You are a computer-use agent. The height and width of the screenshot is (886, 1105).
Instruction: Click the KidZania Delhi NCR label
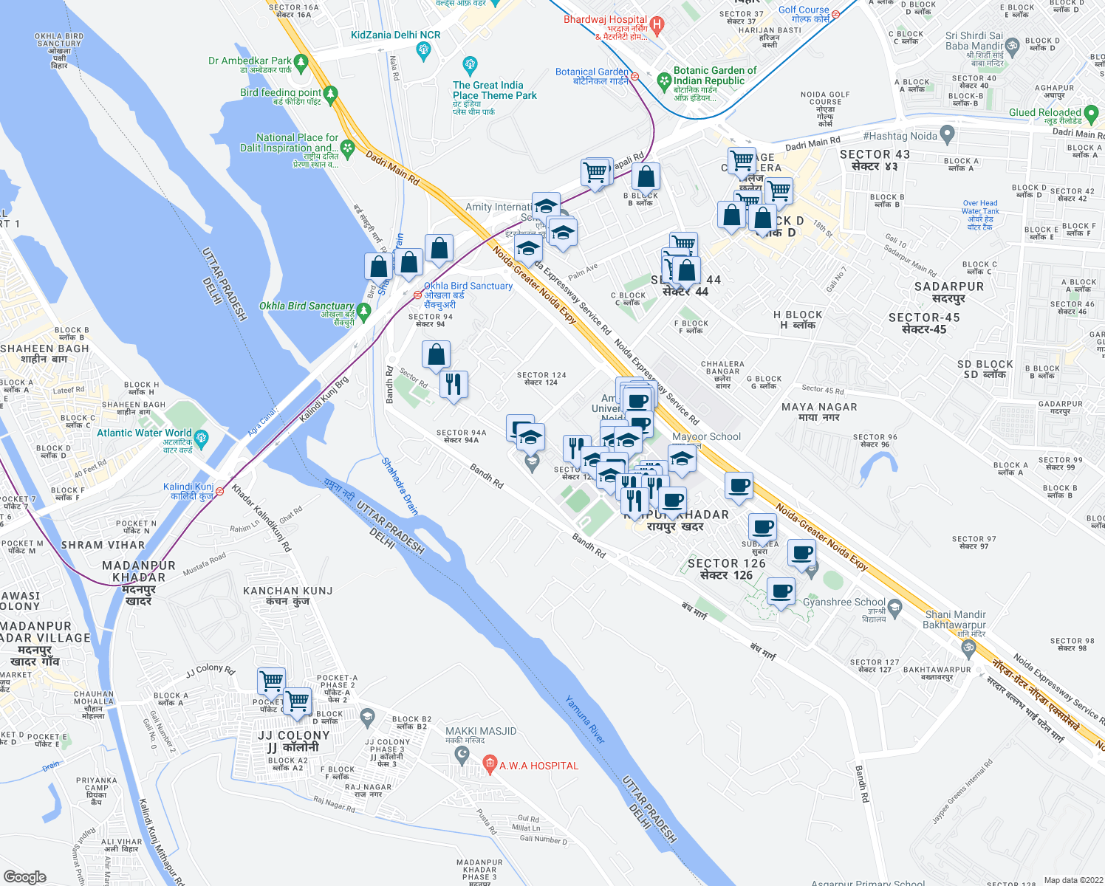(x=395, y=35)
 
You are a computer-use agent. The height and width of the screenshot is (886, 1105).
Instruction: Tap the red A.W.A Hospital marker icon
(x=489, y=765)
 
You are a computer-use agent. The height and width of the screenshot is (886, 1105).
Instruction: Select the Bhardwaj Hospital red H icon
(x=657, y=25)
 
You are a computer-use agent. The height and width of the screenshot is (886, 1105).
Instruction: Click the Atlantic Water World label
(x=144, y=433)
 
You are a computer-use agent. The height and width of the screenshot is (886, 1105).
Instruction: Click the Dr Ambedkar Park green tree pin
(x=301, y=61)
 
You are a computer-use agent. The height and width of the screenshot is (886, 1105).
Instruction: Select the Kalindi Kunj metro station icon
(x=219, y=491)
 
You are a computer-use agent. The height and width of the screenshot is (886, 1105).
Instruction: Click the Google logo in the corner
(x=24, y=876)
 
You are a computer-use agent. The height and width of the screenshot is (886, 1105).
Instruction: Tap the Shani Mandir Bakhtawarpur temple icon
(x=968, y=648)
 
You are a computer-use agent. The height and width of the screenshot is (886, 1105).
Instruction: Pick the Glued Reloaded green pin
(x=1092, y=113)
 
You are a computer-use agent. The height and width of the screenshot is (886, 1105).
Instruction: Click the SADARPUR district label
(x=948, y=286)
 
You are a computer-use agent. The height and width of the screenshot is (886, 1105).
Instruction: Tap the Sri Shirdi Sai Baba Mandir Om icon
(x=1012, y=46)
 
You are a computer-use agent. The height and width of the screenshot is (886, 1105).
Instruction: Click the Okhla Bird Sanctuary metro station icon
(x=418, y=295)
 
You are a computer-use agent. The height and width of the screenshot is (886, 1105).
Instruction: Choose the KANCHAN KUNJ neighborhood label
(x=288, y=591)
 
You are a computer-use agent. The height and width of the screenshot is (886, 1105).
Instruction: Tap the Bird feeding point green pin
(x=330, y=94)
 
